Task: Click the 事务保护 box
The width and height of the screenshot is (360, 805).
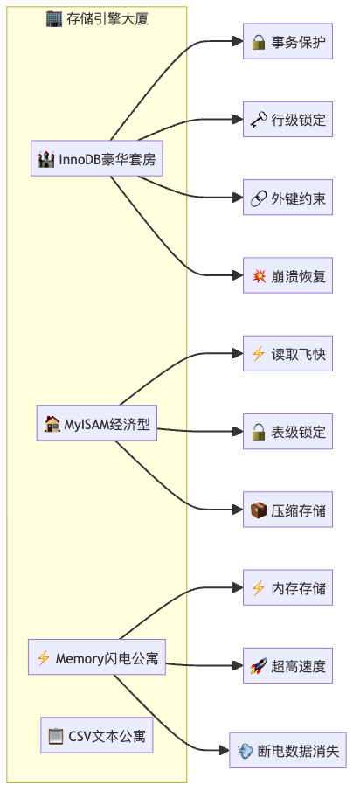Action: pyautogui.click(x=287, y=41)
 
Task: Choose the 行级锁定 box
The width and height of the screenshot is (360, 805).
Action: pyautogui.click(x=287, y=120)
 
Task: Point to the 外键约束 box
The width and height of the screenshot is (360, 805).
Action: pyautogui.click(x=287, y=198)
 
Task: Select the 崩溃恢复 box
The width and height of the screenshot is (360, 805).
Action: pyautogui.click(x=287, y=275)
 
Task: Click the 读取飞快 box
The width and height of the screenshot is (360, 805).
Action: pyautogui.click(x=287, y=353)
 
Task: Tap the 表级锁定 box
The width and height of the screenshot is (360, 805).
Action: pyautogui.click(x=287, y=432)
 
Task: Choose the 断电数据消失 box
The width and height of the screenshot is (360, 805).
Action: pyautogui.click(x=287, y=750)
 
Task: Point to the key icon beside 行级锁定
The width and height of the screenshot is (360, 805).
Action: pyautogui.click(x=258, y=120)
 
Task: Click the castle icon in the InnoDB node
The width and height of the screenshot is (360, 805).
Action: pyautogui.click(x=46, y=159)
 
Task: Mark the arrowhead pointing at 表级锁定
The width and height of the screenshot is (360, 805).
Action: pyautogui.click(x=237, y=432)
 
